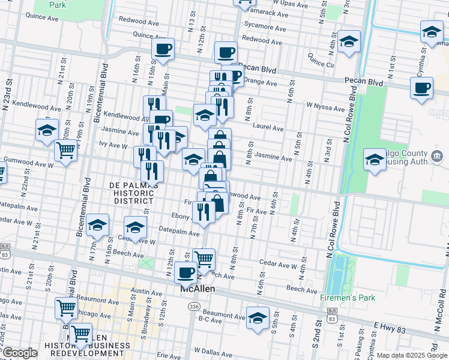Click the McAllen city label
tap(198, 289)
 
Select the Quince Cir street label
tap(321, 60)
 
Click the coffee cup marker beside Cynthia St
tap(421, 88)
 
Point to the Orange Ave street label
tap(259, 80)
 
